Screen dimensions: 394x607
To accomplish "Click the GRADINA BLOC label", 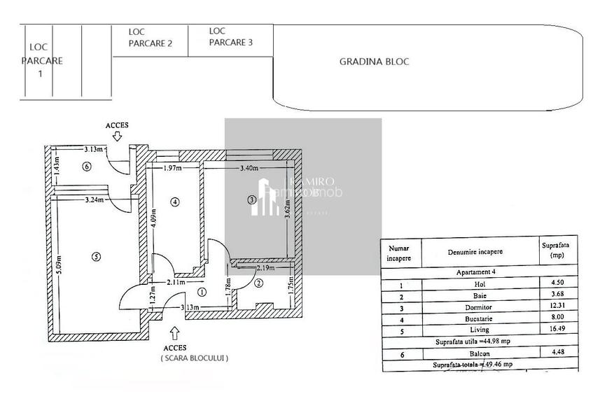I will (374, 62).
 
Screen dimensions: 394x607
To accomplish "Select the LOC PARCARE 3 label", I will (230, 36).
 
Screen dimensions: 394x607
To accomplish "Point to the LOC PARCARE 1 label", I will (41, 59).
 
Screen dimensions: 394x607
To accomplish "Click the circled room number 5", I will (96, 257).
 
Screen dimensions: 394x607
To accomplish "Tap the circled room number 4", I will (174, 202).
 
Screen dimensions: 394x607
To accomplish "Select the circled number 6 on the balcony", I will (87, 167).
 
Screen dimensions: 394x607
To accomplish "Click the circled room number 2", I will (258, 283).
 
